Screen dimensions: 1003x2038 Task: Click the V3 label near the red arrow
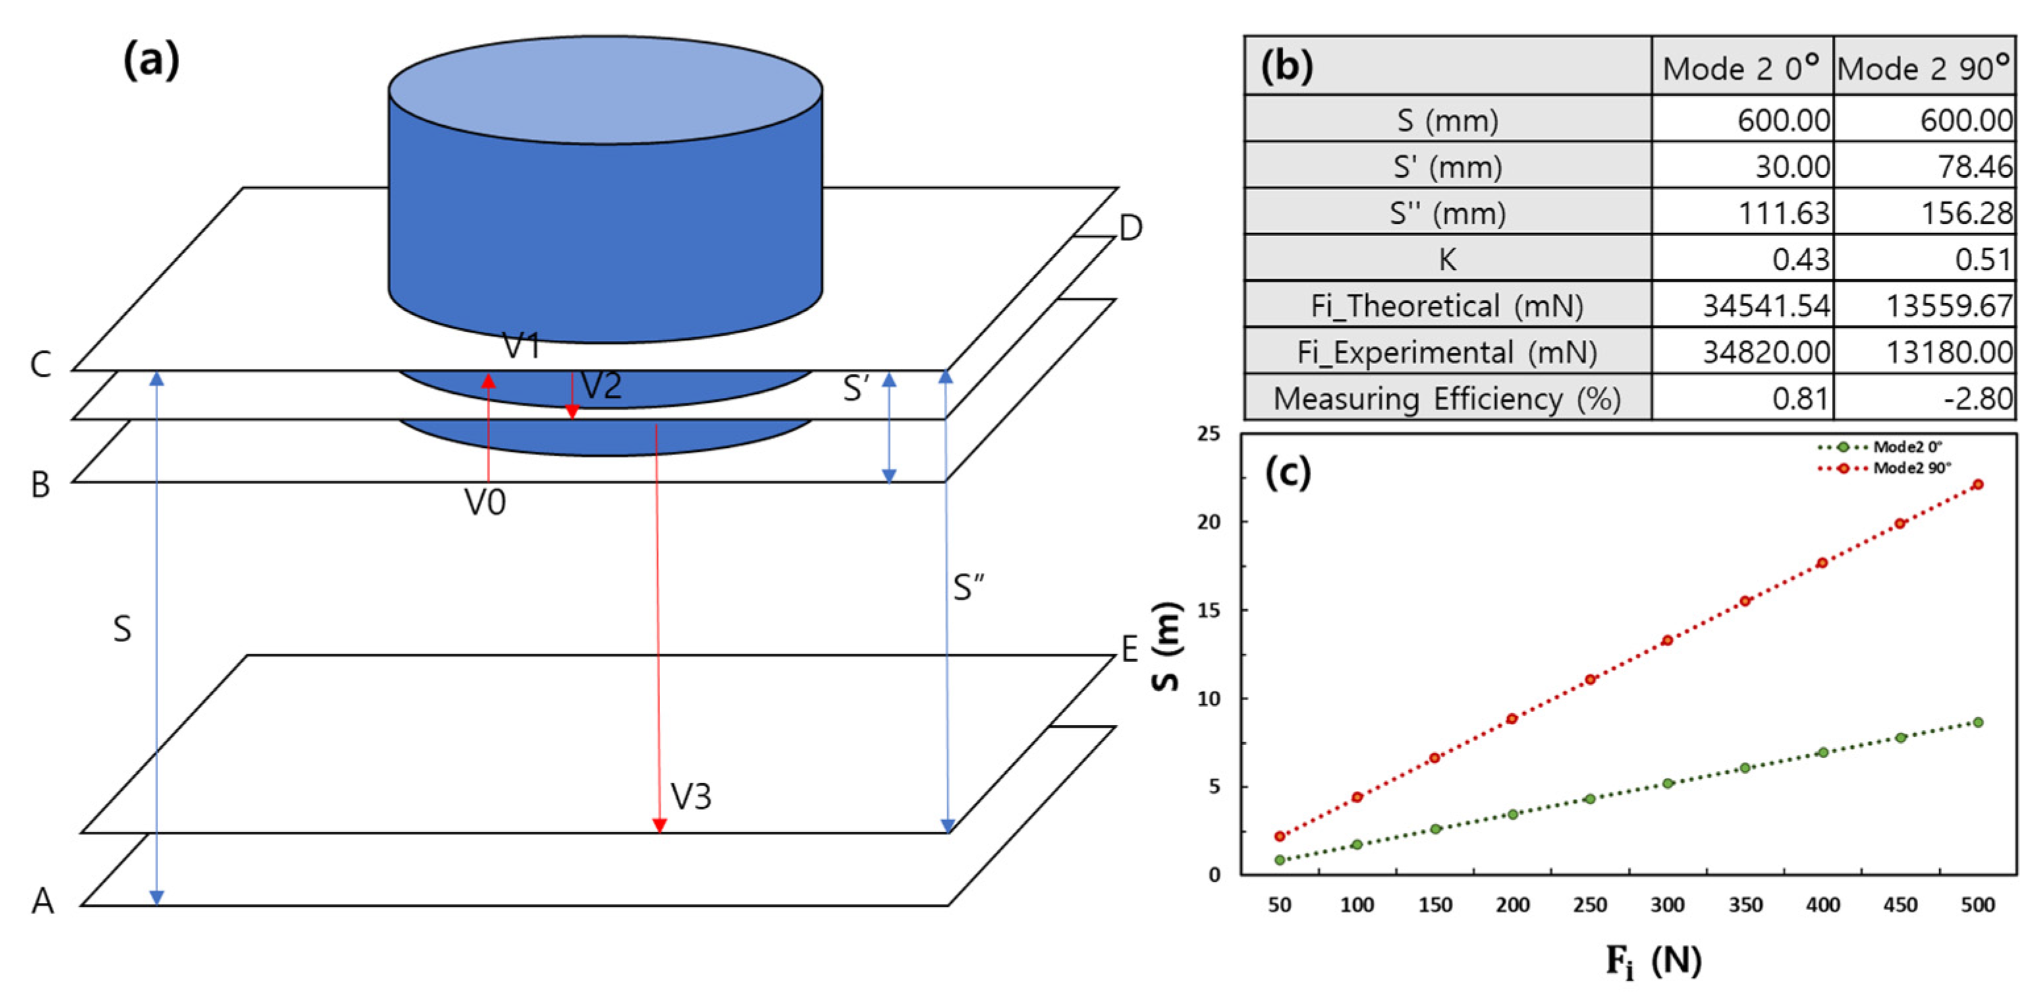coord(691,797)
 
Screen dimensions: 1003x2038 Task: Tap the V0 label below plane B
coord(484,502)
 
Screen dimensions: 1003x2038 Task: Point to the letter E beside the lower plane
coord(1129,649)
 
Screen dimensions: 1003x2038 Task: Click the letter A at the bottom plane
coord(43,901)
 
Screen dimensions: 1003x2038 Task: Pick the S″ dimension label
coord(968,587)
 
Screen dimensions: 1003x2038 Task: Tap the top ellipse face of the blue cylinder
coord(605,90)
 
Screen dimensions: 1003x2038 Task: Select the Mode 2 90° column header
coord(1923,68)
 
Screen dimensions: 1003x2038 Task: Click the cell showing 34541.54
coord(1766,306)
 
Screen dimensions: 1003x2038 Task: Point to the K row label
coord(1447,259)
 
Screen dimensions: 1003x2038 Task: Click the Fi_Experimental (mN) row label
coord(1447,352)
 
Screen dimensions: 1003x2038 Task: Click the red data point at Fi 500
coord(1977,484)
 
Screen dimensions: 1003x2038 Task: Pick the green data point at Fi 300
coord(1668,783)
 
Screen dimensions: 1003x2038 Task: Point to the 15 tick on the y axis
coord(1211,610)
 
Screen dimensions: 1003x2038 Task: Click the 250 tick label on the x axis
coord(1589,905)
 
